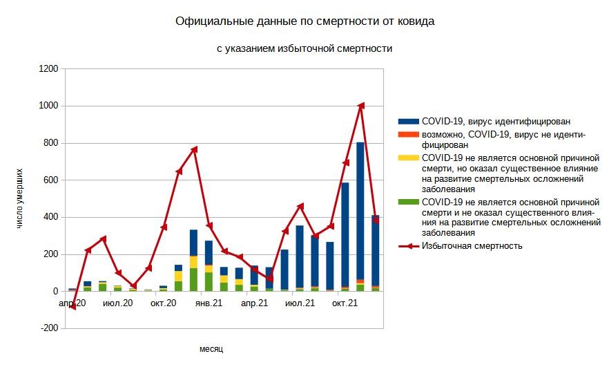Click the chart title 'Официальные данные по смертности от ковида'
point(305,22)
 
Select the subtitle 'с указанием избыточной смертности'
point(304,49)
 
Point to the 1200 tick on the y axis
point(48,69)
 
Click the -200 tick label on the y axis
point(48,329)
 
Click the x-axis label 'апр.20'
point(72,303)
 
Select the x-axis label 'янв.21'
point(208,303)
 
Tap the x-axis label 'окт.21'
point(345,303)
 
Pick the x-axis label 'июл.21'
point(299,303)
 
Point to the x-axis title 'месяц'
point(211,349)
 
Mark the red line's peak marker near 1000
point(360,106)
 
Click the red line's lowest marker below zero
point(72,307)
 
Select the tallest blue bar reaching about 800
point(360,207)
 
